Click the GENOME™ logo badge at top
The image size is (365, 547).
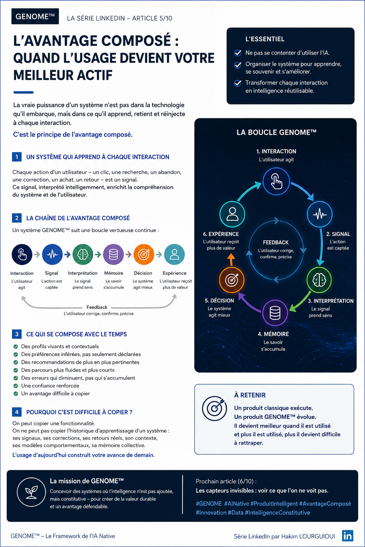(35, 16)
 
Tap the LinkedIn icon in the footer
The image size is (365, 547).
(348, 536)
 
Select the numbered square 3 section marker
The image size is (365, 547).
(17, 334)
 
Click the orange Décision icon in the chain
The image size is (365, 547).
(144, 255)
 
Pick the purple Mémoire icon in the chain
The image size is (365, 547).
(113, 255)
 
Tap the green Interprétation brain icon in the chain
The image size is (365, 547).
(83, 255)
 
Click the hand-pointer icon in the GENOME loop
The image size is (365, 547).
(276, 181)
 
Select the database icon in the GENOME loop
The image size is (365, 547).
(275, 313)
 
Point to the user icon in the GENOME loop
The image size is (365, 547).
(232, 214)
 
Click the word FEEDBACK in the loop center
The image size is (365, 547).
(276, 242)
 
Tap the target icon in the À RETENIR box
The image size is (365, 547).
(215, 408)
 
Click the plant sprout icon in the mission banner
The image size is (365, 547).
(31, 492)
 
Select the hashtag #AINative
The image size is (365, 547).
(236, 504)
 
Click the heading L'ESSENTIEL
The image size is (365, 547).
(265, 39)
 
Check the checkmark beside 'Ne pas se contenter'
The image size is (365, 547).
(238, 53)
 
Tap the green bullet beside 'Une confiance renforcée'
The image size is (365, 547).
(16, 386)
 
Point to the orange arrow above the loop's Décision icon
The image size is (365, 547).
(231, 259)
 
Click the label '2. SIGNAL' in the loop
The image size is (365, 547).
(338, 234)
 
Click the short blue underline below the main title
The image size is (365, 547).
(24, 92)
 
